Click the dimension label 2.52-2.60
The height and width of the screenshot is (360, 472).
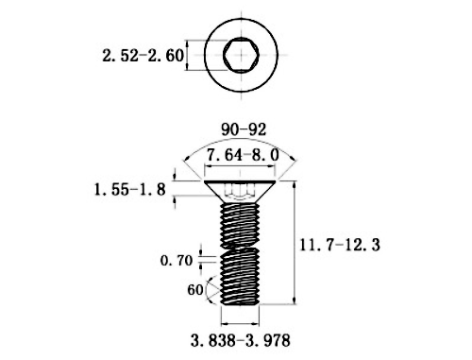click(143, 56)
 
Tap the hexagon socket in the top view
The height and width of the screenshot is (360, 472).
click(242, 55)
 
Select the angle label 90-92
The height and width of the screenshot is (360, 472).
click(244, 129)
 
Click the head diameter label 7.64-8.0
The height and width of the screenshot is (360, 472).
click(243, 155)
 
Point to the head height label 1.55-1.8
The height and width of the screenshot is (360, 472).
click(130, 190)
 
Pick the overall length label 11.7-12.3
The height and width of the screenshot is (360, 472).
click(340, 245)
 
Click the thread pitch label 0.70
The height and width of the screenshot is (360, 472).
click(177, 261)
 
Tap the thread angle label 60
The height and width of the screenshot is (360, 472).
click(195, 290)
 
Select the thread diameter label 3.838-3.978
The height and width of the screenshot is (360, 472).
click(241, 340)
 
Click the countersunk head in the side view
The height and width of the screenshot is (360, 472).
click(240, 192)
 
